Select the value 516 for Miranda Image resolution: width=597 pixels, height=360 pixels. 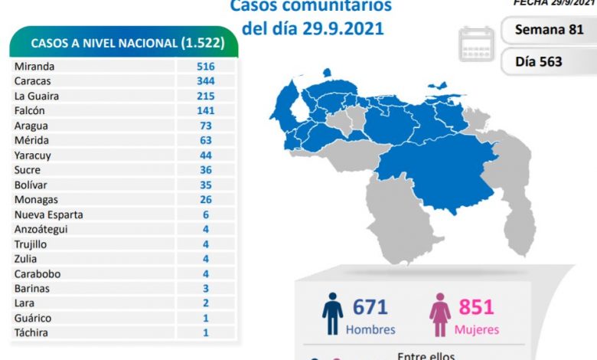tap(205, 67)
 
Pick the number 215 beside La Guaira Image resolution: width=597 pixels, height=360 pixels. tap(205, 96)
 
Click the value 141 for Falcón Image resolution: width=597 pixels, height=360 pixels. tap(205, 110)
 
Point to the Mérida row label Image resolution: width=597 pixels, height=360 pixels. tap(31, 140)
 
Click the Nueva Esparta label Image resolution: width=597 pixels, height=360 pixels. tap(48, 214)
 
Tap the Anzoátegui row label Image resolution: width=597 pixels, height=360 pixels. tap(42, 229)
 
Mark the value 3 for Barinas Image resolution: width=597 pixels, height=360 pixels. tap(205, 288)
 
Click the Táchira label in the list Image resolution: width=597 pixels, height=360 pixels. tap(31, 332)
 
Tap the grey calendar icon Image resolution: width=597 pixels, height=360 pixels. tap(478, 44)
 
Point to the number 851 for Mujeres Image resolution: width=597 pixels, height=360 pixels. tap(477, 307)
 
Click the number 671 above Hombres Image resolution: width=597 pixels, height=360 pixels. tap(370, 307)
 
